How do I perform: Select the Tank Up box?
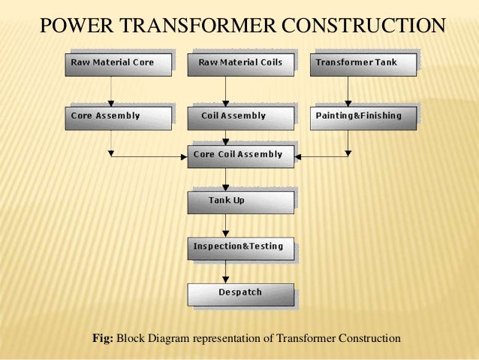tap(239, 202)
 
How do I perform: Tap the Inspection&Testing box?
tap(239, 248)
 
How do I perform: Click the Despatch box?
tap(239, 294)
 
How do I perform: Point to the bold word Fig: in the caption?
tap(102, 339)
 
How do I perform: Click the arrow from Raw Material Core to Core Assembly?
tap(111, 91)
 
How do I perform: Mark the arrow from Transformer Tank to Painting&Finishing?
tap(348, 91)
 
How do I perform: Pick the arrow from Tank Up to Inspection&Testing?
tap(225, 225)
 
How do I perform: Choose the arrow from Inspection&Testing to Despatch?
tap(225, 271)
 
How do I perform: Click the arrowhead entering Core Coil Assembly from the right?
tap(297, 156)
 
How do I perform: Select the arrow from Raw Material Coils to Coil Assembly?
tap(225, 91)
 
